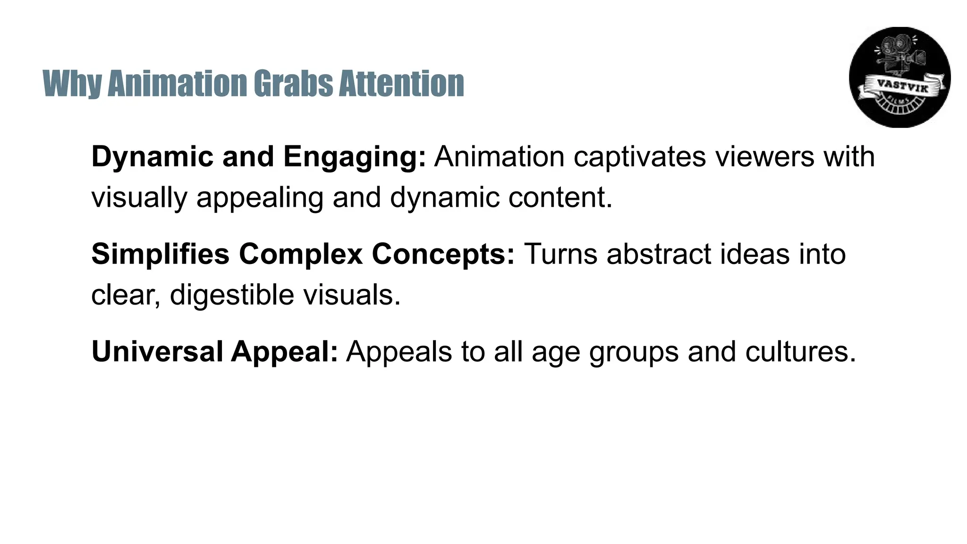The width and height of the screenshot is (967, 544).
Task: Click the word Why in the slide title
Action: (72, 84)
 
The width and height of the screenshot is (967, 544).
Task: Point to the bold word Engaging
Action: (355, 157)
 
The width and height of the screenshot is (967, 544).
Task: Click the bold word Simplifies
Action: (160, 254)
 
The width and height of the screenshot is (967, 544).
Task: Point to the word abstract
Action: (659, 254)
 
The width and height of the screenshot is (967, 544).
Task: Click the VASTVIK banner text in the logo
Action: (902, 86)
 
